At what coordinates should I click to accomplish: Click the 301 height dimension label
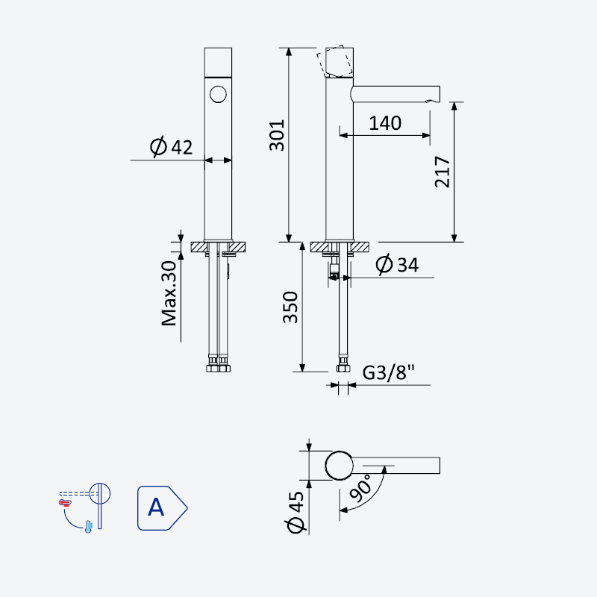tap(277, 136)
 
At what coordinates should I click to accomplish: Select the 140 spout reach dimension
tap(385, 123)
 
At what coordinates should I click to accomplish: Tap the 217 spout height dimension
tap(442, 172)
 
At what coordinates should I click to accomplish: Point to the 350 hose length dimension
tap(290, 307)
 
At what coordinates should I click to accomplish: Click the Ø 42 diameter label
tap(172, 146)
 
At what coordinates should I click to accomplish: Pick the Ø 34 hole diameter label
tap(397, 264)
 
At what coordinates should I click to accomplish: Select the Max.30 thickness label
tap(169, 293)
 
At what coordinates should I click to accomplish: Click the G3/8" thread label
tap(388, 372)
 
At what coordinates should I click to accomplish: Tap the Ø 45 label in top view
tap(296, 512)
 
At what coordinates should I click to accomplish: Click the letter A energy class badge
tap(162, 508)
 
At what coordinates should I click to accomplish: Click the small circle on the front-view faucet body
tap(218, 94)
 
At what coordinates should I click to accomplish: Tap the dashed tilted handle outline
tap(334, 61)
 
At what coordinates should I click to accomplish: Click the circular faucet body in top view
tap(340, 466)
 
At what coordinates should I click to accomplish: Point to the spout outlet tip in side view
tap(434, 101)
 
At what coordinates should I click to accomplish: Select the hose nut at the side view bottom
tap(343, 368)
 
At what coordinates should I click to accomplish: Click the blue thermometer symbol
tap(88, 527)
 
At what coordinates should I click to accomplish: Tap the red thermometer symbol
tap(65, 503)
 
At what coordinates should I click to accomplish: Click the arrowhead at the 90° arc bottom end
tap(343, 510)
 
